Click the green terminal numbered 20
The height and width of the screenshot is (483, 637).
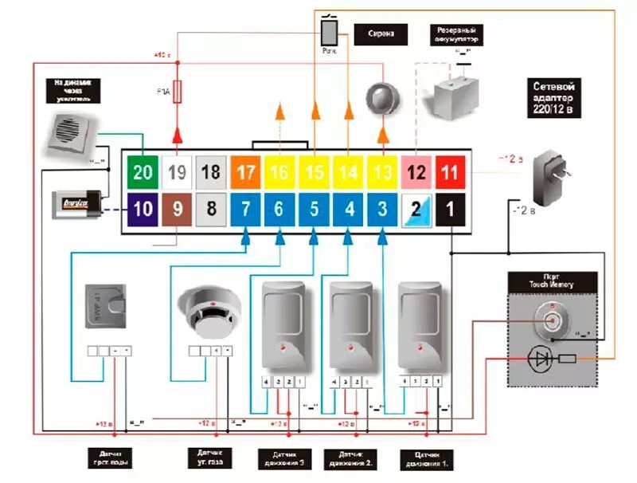pos(143,172)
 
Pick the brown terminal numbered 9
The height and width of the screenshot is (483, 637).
pos(178,210)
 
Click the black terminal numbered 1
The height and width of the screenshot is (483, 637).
pos(451,210)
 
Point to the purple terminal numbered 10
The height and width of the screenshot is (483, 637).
pos(143,210)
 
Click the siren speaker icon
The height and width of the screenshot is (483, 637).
pos(381,97)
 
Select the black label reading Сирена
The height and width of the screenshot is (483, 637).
pos(381,35)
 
